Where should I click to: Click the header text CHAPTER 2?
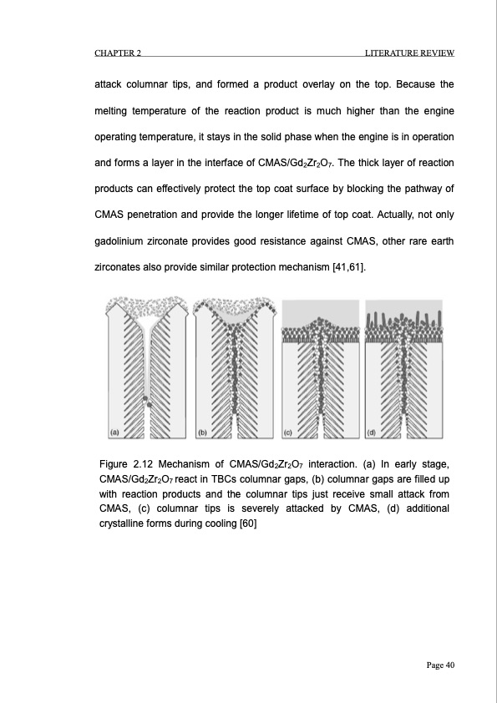point(117,54)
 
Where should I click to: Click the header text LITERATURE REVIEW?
point(409,54)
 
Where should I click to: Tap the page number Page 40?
point(438,665)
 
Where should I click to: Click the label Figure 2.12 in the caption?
point(126,463)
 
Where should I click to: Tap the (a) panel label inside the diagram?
point(115,432)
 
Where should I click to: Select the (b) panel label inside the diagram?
point(201,432)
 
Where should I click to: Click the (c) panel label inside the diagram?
point(287,432)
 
